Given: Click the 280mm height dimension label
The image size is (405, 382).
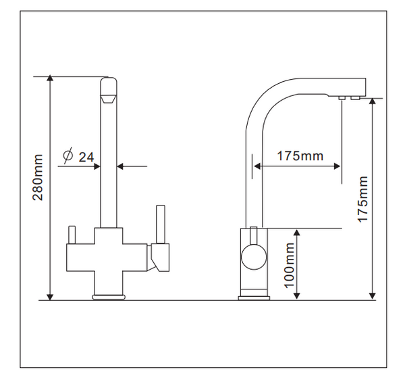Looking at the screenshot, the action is [38, 177].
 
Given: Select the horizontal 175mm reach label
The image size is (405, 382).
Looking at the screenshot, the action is [300, 156].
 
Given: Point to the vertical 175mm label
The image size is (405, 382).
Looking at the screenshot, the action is [362, 199].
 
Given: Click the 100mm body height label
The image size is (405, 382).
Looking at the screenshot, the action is [290, 265].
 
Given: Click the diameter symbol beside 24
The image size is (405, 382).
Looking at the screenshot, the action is [68, 156].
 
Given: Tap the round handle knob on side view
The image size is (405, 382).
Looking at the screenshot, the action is [254, 257].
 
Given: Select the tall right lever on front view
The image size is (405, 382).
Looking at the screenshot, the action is [161, 224].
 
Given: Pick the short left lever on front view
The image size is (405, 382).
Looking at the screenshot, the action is [72, 235].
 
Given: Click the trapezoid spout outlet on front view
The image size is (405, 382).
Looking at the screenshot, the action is [108, 99].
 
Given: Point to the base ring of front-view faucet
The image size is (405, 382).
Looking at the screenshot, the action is [109, 297].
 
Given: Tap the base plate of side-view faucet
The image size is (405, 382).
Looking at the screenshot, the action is [254, 298].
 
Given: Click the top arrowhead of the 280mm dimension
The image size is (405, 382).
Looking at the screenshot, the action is [50, 78].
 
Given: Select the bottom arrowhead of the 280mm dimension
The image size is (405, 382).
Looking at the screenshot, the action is [50, 297].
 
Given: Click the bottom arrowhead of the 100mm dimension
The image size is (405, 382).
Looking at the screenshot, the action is [297, 295].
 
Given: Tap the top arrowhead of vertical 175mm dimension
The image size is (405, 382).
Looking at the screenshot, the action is [372, 101].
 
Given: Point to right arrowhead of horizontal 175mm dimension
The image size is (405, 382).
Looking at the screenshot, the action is [337, 166].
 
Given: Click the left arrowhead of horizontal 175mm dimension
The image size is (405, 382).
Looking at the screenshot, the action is [257, 166].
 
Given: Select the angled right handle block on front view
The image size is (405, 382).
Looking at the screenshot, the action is [159, 258].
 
